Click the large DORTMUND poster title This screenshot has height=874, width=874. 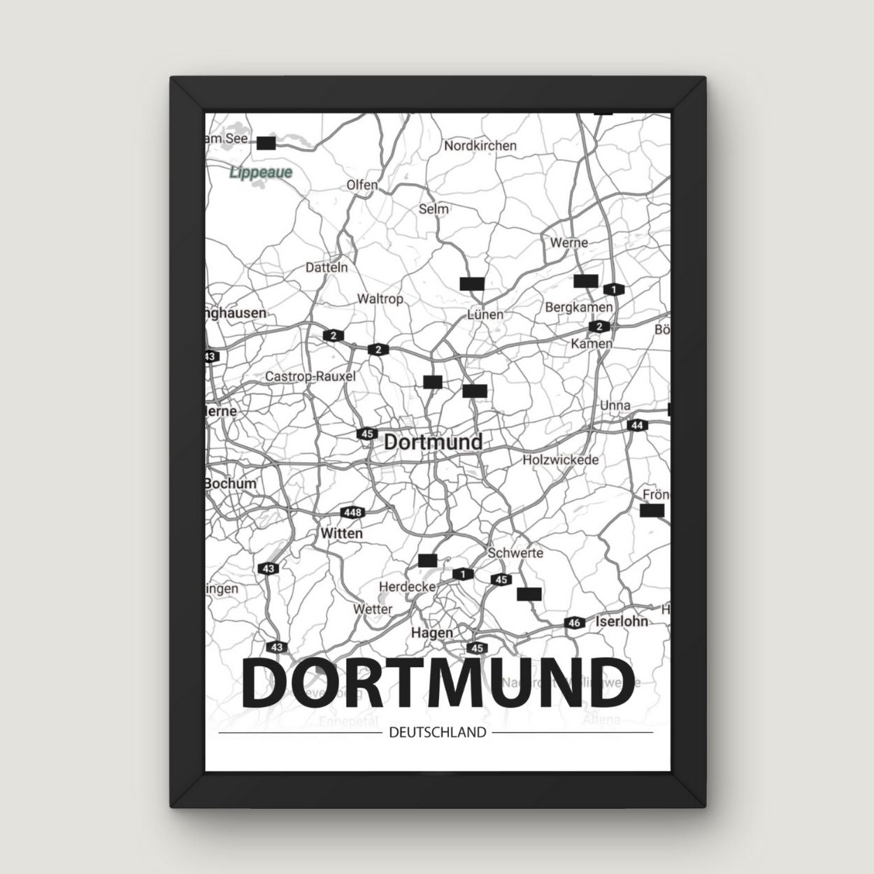coord(438,682)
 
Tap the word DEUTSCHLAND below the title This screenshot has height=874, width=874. coord(436,733)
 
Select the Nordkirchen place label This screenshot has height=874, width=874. coord(480,145)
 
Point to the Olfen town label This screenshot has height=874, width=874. coord(361,185)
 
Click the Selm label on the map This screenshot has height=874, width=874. coord(434,208)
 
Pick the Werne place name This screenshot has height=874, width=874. coord(568,243)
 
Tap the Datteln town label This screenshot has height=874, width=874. coord(327,267)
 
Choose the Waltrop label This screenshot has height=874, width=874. coord(380,299)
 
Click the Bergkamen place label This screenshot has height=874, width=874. coord(578,307)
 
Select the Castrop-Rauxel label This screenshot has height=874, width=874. coord(310,376)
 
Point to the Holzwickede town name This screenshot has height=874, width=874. coord(561,460)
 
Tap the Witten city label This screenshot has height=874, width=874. coord(341,533)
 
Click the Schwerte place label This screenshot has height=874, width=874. coord(515,552)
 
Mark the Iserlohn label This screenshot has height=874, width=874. coord(621,620)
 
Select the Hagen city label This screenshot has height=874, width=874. coord(432,632)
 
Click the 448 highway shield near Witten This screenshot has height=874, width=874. coord(352,513)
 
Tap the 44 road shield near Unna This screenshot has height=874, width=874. coord(636,425)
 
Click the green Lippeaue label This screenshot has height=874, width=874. coord(261,171)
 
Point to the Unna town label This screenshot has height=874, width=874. coord(615,406)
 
